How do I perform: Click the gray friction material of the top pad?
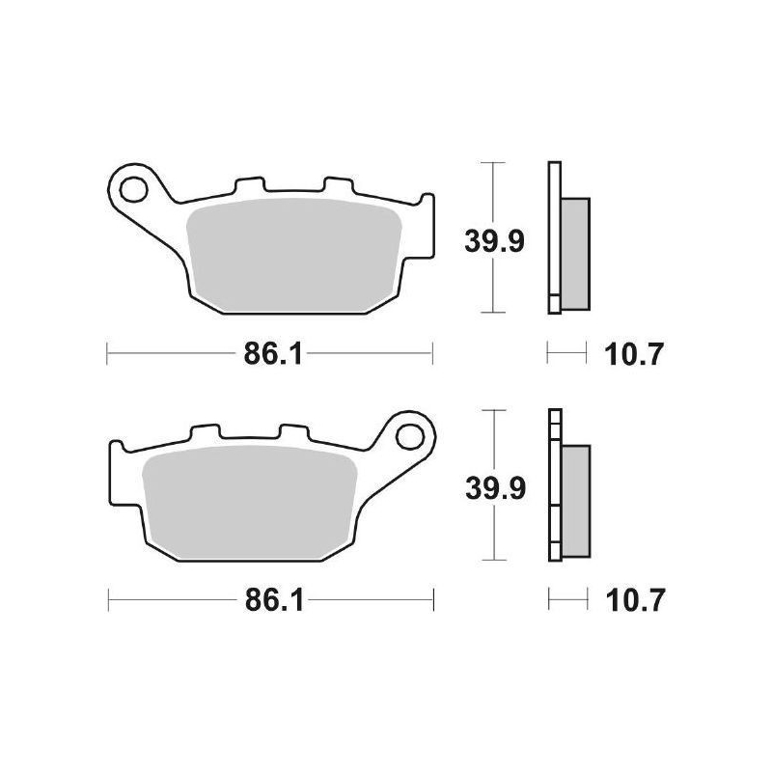click(294, 256)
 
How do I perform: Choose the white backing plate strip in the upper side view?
click(553, 236)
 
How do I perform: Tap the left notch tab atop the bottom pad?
click(207, 433)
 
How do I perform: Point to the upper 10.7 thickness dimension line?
click(566, 354)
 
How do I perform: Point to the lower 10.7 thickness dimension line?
click(567, 602)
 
